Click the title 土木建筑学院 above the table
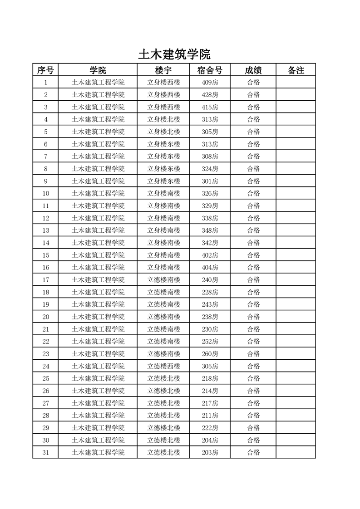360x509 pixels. point(174,54)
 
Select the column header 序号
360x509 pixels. point(45,70)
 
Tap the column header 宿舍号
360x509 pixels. point(210,70)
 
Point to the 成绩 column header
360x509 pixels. point(253,70)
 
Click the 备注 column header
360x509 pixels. point(296,70)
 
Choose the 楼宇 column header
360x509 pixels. point(163,70)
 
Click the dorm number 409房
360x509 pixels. point(210,83)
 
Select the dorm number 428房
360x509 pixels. point(210,95)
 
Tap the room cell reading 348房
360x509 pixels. point(210,230)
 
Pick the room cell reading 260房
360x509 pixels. point(210,354)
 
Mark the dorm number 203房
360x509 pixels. point(210,452)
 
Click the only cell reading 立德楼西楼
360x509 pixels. point(163,366)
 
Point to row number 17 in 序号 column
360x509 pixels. point(45,280)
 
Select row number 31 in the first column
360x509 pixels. point(45,452)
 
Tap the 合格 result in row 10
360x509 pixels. point(253,193)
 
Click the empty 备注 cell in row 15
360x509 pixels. point(296,255)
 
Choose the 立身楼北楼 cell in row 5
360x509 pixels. point(163,132)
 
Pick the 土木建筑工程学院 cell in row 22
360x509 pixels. point(98,342)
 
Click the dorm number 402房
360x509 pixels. point(210,255)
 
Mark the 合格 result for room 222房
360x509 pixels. point(253,428)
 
